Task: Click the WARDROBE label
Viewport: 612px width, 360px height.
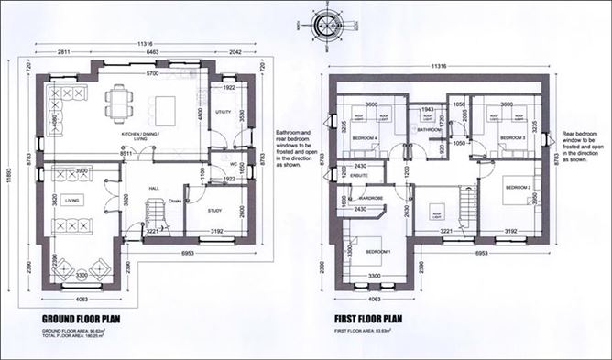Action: (x=371, y=196)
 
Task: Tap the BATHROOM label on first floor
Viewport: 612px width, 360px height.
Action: (x=430, y=129)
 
